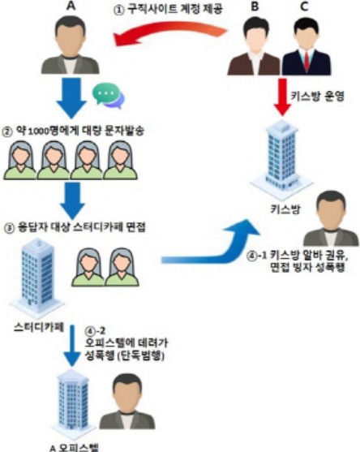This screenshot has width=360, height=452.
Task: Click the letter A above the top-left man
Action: coord(71,6)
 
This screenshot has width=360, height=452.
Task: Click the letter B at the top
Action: coord(255,6)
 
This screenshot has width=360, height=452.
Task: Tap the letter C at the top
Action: coord(304,6)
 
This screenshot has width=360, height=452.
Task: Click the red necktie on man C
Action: coord(307,60)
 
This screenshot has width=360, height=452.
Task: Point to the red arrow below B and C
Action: coord(283,97)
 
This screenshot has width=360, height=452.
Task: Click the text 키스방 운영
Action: coord(317,96)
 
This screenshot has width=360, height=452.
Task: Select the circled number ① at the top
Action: coord(119,11)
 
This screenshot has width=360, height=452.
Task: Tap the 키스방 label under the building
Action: coord(285,209)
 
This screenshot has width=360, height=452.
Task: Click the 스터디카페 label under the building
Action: coord(39,327)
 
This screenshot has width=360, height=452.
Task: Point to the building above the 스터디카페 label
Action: coord(36,278)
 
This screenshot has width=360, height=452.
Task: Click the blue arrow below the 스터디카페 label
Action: coord(72,346)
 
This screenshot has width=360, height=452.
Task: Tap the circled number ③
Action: coord(9,228)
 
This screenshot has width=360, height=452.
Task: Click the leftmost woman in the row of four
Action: coord(20,161)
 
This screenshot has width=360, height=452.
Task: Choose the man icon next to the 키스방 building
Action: coord(331,218)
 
